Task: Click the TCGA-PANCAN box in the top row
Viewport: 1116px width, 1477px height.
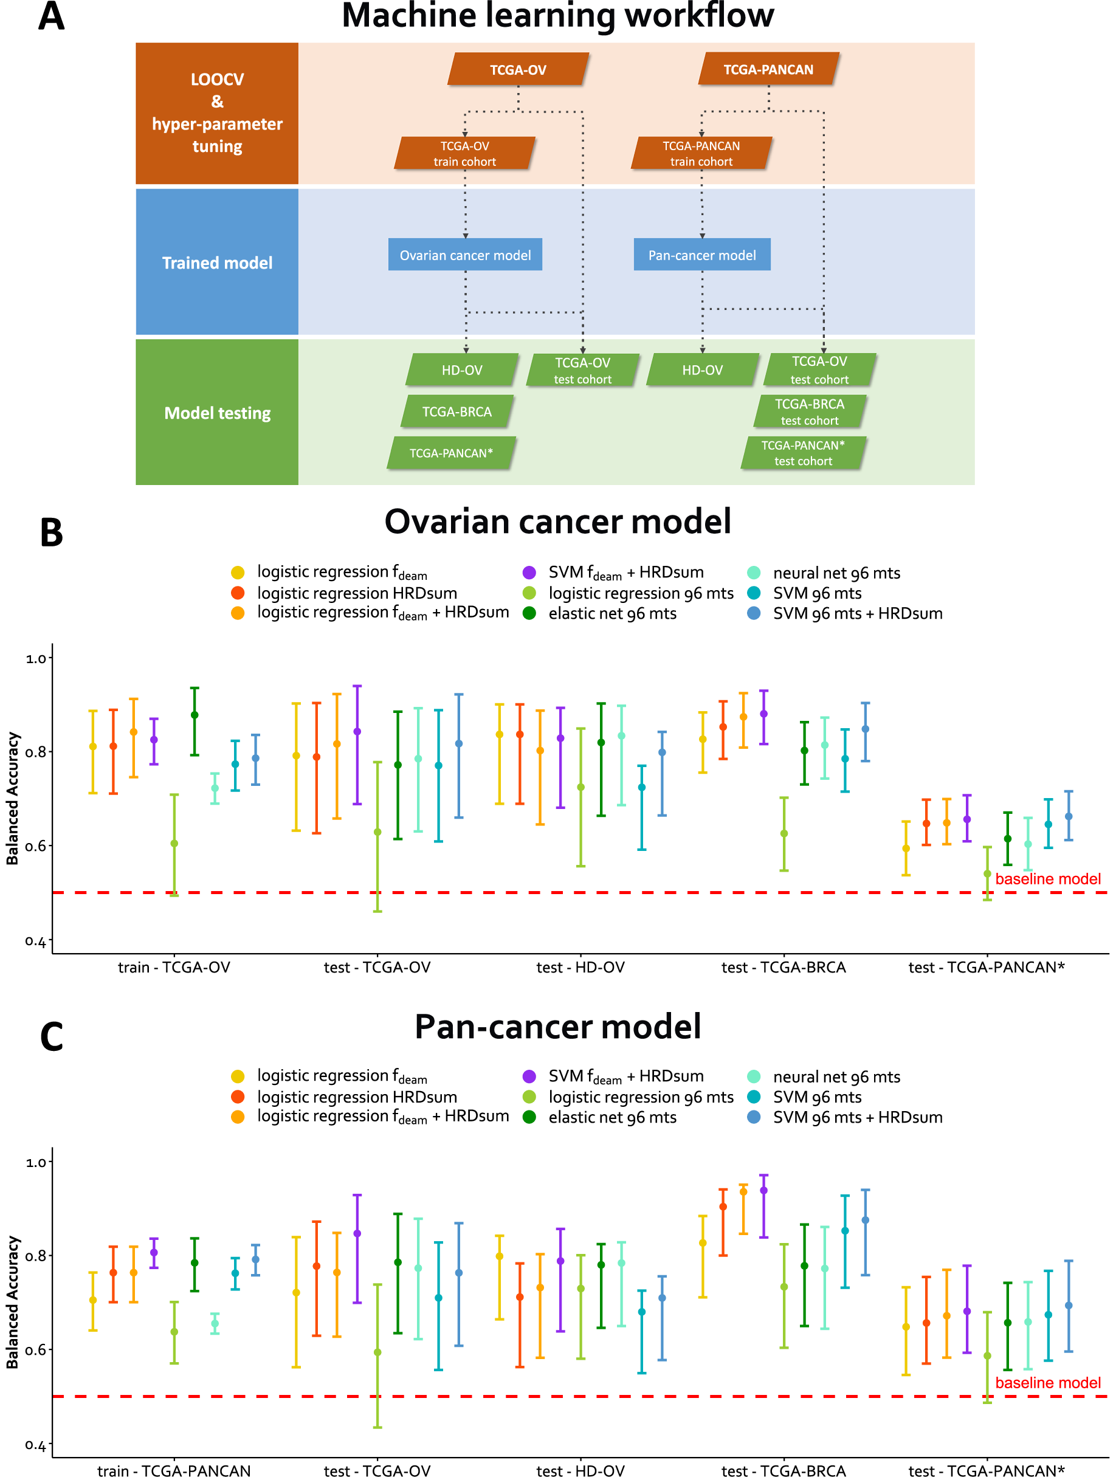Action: [768, 69]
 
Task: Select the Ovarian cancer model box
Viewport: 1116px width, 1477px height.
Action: [465, 255]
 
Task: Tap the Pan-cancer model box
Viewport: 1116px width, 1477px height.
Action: [702, 255]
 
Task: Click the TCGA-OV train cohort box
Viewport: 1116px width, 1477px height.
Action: [464, 153]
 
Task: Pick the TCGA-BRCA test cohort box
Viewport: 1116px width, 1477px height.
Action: [810, 412]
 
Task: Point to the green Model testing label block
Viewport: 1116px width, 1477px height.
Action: [217, 413]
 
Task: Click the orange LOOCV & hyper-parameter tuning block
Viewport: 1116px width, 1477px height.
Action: [217, 113]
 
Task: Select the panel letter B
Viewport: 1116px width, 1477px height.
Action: [52, 533]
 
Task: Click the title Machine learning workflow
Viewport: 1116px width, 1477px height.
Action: [557, 16]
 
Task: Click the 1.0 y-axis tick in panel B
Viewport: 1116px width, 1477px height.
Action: [36, 658]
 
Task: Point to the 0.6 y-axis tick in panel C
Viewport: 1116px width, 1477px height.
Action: [36, 1349]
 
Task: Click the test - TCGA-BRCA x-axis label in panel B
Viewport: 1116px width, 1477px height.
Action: [784, 968]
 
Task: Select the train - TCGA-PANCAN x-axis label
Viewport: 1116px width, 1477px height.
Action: [174, 1470]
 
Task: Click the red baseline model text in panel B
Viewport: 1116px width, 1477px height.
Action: [1047, 879]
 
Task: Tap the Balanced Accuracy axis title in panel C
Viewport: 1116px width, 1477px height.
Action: [13, 1302]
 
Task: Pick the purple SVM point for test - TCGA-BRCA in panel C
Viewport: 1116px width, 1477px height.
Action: [763, 1191]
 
